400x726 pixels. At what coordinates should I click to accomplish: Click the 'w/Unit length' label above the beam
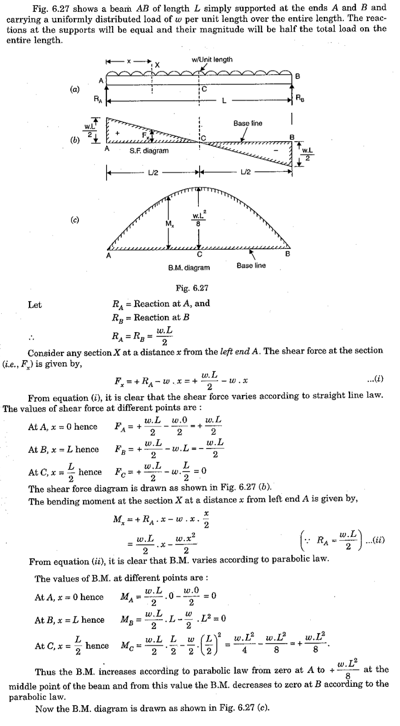click(212, 59)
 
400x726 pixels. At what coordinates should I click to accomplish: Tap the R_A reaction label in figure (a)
click(97, 100)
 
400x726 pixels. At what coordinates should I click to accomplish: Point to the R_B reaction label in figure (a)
click(300, 99)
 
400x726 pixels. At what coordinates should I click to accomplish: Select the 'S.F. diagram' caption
click(149, 151)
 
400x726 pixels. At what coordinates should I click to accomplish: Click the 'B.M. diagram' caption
click(189, 268)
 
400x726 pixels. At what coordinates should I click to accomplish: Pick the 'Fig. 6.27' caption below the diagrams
click(192, 288)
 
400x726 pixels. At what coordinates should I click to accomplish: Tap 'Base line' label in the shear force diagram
click(248, 124)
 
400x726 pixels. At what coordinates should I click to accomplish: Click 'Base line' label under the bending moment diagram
click(251, 265)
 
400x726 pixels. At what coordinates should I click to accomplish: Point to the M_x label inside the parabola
click(170, 224)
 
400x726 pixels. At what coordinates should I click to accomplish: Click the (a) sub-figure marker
click(75, 89)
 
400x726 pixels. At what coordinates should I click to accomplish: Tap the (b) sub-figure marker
click(75, 140)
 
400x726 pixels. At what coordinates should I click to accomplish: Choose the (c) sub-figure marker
click(75, 220)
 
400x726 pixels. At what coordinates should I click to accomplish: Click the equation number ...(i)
click(374, 380)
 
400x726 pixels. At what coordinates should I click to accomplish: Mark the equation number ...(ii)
click(375, 540)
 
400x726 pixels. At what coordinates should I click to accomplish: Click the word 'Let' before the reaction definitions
click(35, 305)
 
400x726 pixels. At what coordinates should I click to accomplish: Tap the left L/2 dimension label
click(153, 172)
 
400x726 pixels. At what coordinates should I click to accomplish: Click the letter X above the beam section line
click(157, 65)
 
